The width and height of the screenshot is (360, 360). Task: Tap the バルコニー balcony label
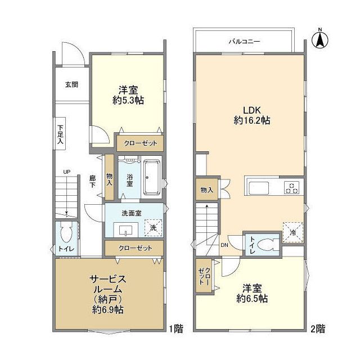coord(244,41)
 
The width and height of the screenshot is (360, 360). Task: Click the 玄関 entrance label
coord(71,84)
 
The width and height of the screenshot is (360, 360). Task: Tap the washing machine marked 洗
coord(151,227)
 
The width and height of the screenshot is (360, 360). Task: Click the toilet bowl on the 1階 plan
coord(66,232)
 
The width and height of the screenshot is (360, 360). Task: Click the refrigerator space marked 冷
coord(292,230)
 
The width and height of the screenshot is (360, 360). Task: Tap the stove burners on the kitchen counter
coord(291,187)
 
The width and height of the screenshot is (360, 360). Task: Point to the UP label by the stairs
coord(67,172)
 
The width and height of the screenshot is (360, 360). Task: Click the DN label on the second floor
coord(224,245)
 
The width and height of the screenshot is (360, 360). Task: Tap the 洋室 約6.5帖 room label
coord(251,292)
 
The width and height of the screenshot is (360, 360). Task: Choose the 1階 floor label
coord(175,327)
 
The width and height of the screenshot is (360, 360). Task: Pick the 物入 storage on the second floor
coord(207,190)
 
